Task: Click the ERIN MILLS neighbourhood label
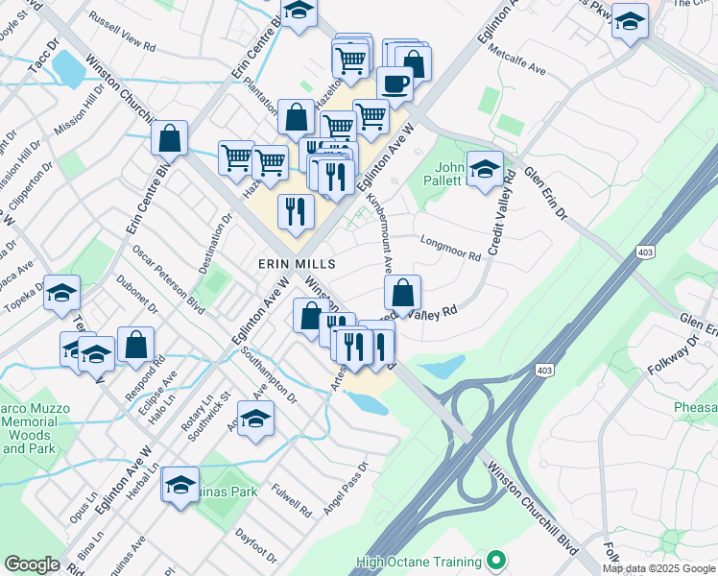pyautogui.click(x=296, y=263)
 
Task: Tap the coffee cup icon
pyautogui.click(x=395, y=84)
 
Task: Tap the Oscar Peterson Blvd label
pyautogui.click(x=170, y=278)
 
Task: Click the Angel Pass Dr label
pyautogui.click(x=347, y=490)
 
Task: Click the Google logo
pyautogui.click(x=32, y=564)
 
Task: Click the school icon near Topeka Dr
pyautogui.click(x=61, y=293)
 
